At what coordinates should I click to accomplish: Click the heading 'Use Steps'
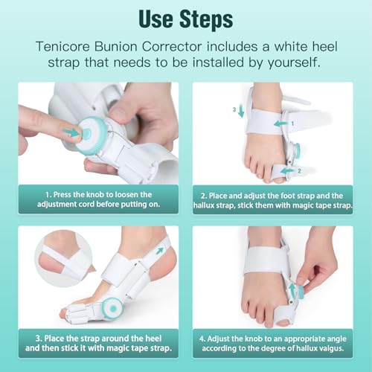185,17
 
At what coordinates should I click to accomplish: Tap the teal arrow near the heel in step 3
159,252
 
